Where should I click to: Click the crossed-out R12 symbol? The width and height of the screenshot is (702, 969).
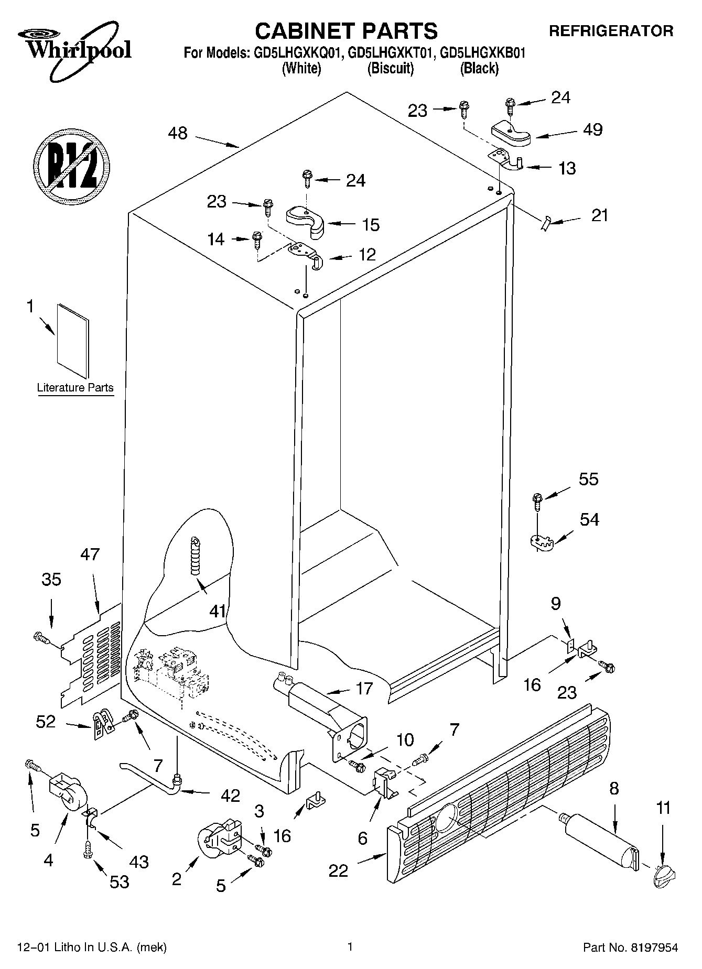pos(72,164)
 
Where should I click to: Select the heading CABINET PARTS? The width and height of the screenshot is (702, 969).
pos(346,31)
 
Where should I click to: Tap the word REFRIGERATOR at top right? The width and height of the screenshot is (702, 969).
pos(611,31)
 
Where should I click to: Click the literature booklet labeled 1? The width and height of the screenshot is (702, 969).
pos(73,341)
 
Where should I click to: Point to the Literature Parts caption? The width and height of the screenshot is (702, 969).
pos(75,388)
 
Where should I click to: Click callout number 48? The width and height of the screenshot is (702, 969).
pos(178,133)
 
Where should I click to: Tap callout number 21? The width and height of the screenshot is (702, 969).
pos(600,215)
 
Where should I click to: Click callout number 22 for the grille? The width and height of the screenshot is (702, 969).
pos(338,870)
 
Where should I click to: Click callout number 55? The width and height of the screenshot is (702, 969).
pos(588,480)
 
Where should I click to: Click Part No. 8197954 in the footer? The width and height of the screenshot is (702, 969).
pos(630,947)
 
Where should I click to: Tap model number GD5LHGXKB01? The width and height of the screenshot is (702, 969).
pos(482,53)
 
